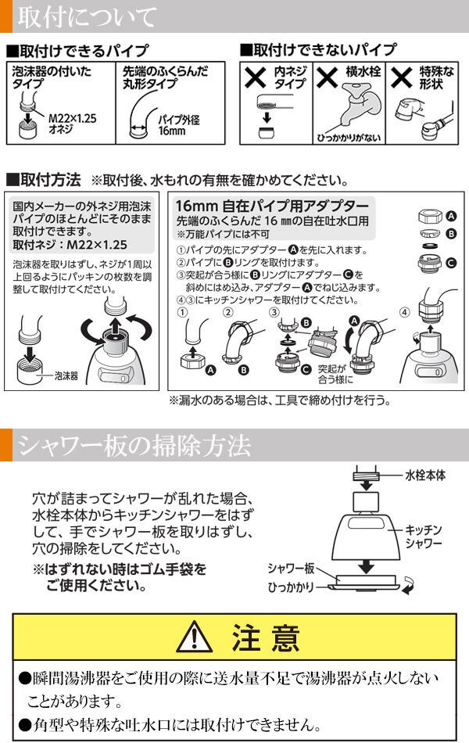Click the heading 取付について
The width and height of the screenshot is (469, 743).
tap(87, 17)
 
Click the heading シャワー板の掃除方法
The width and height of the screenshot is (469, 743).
tap(134, 446)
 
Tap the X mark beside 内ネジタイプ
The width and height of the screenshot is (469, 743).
tap(256, 77)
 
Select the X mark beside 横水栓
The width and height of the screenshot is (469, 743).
tap(328, 77)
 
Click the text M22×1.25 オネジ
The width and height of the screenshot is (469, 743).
tap(72, 124)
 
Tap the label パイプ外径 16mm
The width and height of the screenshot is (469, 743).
tap(178, 125)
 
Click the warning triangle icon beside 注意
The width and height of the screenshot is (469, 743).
tap(194, 637)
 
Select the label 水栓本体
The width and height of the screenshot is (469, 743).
tap(425, 476)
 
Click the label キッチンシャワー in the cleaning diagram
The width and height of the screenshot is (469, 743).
tap(424, 537)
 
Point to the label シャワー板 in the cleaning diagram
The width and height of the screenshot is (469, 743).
tap(291, 568)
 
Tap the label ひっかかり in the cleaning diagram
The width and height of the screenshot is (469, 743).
tap(291, 587)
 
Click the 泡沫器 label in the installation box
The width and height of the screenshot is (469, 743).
tap(66, 375)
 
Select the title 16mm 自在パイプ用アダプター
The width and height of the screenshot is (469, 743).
tap(272, 206)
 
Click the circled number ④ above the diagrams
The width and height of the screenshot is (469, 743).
tap(405, 313)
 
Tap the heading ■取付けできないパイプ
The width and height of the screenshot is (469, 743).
tap(318, 49)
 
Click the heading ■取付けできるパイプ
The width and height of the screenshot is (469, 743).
tap(77, 50)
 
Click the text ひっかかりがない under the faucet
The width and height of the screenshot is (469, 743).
tap(349, 138)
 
